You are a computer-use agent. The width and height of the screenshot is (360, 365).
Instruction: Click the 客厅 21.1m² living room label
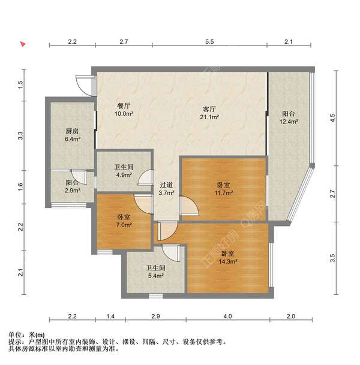pos(209,113)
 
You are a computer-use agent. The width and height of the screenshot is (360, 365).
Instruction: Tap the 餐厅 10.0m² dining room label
pos(123,110)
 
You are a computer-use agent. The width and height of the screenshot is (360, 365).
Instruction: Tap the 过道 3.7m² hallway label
pos(166,189)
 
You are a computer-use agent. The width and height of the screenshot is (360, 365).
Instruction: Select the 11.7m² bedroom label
pos(224,189)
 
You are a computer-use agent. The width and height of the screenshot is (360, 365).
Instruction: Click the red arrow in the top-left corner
pos(23,44)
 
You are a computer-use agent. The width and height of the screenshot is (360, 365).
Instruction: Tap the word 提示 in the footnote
pos(15,342)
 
